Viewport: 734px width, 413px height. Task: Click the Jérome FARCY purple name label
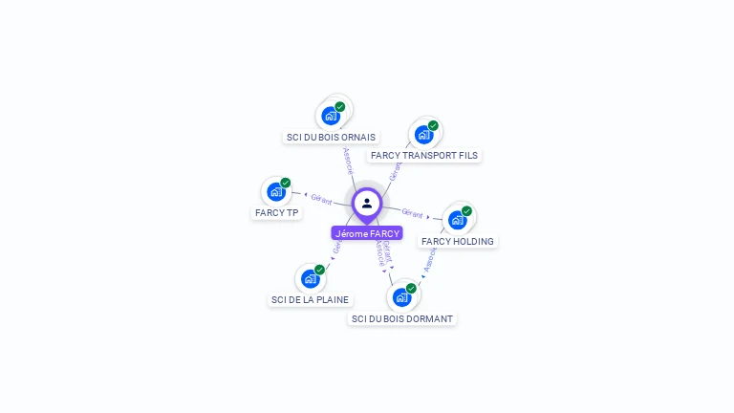[367, 232]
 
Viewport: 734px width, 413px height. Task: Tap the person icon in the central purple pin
[367, 203]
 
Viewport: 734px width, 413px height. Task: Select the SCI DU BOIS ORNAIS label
[331, 137]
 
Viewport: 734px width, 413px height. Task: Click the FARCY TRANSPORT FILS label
[424, 155]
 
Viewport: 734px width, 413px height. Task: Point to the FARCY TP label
[277, 212]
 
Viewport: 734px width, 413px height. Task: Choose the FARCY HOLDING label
[458, 241]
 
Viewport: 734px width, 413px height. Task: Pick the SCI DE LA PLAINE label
[310, 299]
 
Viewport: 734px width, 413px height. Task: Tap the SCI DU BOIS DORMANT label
[402, 318]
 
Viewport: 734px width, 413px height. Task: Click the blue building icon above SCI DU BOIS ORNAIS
[330, 116]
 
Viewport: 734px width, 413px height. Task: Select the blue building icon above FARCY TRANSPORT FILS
[423, 135]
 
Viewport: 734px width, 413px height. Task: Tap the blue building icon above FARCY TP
[275, 191]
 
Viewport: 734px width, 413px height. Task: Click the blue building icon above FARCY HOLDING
[457, 220]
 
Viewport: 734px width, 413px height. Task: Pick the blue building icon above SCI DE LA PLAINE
[310, 278]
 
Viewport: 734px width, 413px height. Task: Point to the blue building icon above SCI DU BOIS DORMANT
[401, 297]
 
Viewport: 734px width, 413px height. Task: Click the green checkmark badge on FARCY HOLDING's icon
[466, 211]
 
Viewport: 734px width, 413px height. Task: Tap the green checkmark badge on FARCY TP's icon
[285, 183]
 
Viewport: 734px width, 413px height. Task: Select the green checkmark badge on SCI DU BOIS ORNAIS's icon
[339, 107]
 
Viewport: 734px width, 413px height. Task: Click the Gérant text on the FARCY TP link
[321, 200]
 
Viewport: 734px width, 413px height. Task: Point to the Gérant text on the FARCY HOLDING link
[412, 213]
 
